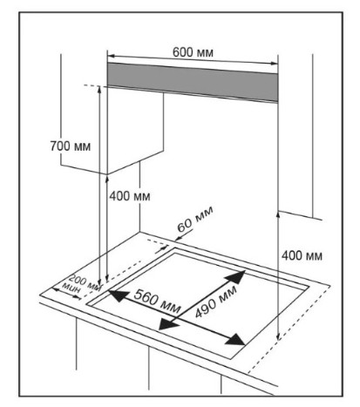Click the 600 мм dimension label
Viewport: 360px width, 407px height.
193,52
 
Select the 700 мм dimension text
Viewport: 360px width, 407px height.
71,146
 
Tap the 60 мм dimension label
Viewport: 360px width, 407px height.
195,219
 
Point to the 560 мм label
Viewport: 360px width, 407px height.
157,302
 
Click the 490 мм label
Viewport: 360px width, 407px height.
216,302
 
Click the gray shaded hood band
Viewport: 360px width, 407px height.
193,82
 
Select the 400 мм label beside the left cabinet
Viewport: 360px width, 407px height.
130,196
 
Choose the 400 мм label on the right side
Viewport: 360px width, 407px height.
302,255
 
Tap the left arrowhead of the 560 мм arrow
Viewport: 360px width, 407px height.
117,295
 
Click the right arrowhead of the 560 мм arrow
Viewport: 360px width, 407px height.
236,340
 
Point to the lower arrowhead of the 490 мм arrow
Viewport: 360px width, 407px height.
167,323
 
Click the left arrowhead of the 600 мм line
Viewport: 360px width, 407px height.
111,56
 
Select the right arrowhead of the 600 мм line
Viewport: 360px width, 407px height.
274,63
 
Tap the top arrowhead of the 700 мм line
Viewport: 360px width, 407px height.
99,89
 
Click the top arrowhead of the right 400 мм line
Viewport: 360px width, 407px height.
278,214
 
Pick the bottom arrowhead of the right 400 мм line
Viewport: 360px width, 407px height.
278,336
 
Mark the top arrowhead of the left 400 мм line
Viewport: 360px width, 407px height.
107,179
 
